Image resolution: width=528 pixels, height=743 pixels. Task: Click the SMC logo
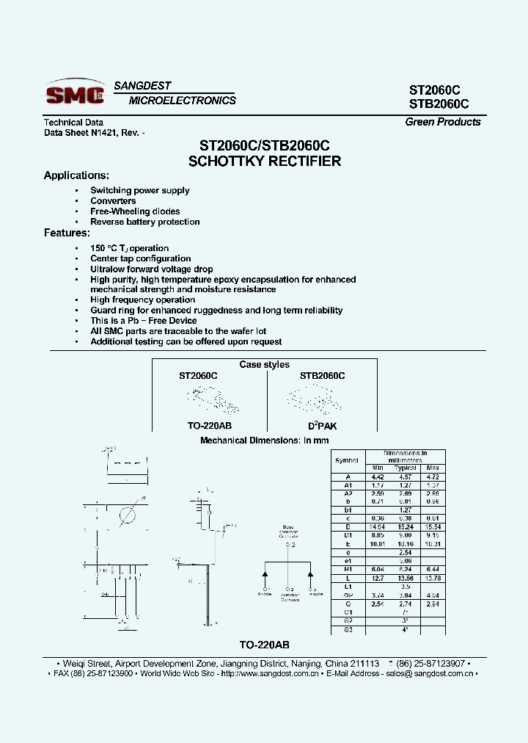[x=74, y=94]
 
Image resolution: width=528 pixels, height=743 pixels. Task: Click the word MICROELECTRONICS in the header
[x=183, y=101]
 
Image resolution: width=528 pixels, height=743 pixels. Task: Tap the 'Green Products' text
[x=442, y=122]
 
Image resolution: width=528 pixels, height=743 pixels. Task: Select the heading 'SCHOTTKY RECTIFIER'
[x=265, y=162]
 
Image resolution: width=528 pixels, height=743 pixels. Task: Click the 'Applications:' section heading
[x=76, y=175]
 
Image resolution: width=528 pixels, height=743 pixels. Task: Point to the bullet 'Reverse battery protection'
[x=144, y=222]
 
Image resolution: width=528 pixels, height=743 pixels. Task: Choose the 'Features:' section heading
[x=67, y=233]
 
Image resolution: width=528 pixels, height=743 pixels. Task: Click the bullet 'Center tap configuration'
[x=140, y=258]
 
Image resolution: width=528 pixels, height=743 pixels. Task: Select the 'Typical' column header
[x=405, y=468]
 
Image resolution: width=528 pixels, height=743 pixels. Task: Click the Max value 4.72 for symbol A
[x=433, y=476]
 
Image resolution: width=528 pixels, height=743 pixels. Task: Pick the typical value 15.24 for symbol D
[x=405, y=527]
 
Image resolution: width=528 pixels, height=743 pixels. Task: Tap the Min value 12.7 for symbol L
[x=378, y=579]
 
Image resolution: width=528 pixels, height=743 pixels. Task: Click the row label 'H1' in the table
[x=347, y=570]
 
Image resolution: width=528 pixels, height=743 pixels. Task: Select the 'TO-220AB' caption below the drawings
[x=264, y=645]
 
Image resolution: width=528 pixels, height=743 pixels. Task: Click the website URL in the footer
[x=270, y=673]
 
